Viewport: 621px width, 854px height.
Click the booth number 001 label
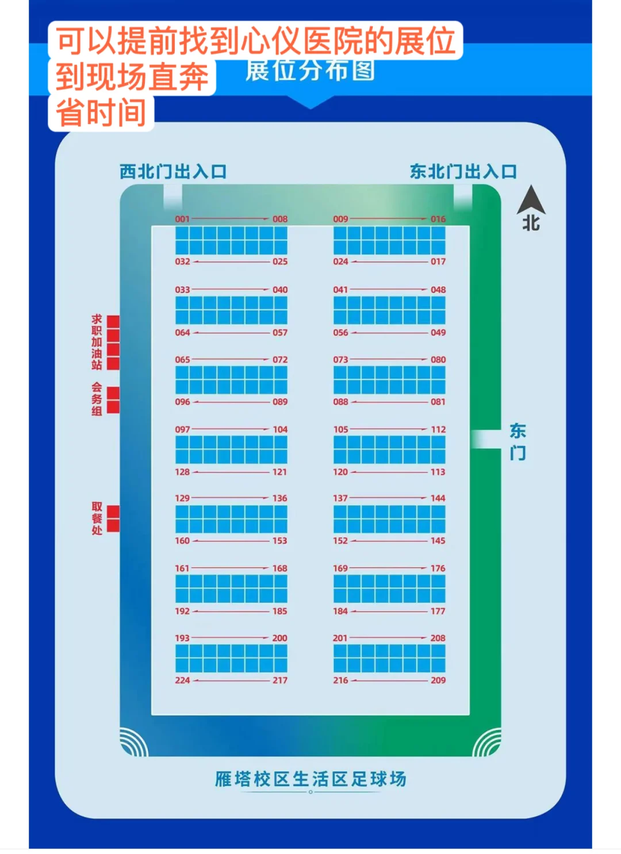[182, 219]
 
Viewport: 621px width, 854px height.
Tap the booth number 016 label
[438, 219]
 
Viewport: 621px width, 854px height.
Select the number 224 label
[182, 680]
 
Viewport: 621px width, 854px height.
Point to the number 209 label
[438, 680]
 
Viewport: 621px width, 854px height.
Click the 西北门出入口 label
[173, 172]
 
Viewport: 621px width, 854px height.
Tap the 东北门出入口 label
[463, 172]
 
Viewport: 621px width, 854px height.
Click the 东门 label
[517, 441]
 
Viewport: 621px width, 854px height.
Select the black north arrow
[531, 201]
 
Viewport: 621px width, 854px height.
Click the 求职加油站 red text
[97, 342]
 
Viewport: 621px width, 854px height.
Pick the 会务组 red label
[97, 399]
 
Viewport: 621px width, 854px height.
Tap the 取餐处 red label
[97, 518]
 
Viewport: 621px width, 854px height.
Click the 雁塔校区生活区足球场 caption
[310, 779]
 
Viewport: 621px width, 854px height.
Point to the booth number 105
[340, 429]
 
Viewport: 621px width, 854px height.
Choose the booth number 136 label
[280, 498]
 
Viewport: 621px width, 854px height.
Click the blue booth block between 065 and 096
[231, 380]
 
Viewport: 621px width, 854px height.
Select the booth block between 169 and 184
[389, 589]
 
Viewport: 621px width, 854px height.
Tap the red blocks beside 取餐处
[113, 518]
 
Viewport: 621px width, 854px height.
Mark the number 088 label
[340, 402]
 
